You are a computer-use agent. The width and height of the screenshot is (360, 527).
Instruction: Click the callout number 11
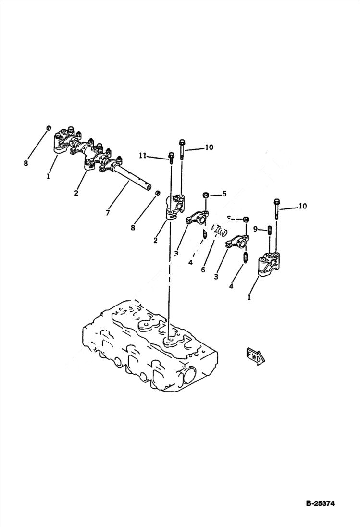143,156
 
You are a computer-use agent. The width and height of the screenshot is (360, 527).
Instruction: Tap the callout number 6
203,270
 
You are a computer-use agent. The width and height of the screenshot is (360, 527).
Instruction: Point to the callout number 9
256,229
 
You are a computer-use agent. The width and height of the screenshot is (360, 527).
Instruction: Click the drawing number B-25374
320,504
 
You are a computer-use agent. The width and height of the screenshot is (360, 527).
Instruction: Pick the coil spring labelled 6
219,232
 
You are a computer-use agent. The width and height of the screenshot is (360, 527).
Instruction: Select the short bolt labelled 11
171,156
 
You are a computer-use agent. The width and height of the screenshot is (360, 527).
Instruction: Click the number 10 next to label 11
209,148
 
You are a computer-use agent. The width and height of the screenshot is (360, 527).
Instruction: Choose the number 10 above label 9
302,207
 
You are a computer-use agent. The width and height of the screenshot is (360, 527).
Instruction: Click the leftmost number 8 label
25,163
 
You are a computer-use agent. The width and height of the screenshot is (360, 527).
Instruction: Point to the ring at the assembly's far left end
49,128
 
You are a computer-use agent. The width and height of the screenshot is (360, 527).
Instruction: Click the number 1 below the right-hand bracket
249,297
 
